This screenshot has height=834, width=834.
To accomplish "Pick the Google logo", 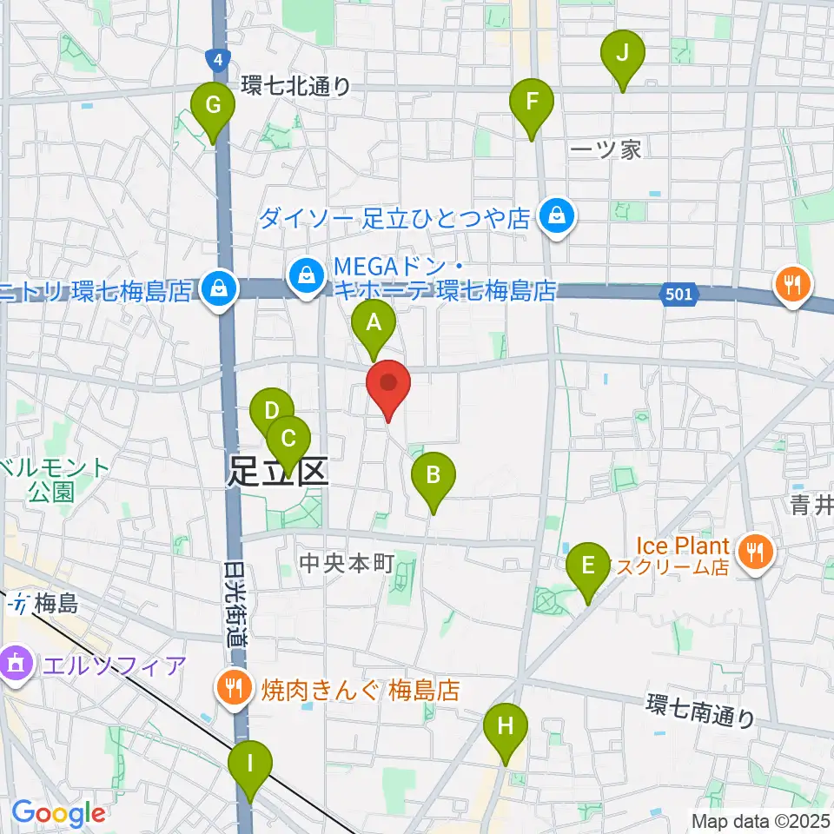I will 57,813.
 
